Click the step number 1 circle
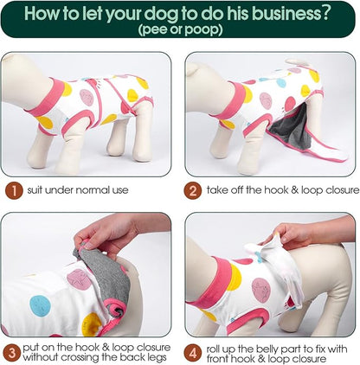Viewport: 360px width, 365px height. (14, 190)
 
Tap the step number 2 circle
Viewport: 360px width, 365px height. (193, 190)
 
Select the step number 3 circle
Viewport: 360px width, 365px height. (11, 353)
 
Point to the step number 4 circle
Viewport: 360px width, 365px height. (193, 353)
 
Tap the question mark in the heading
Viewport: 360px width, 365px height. (325, 13)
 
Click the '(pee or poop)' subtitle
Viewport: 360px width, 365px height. (180, 29)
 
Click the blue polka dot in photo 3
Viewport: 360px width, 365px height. (40, 305)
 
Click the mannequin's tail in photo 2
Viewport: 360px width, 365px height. (299, 62)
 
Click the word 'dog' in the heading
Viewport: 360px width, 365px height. (161, 15)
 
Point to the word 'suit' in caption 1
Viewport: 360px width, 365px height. (35, 190)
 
